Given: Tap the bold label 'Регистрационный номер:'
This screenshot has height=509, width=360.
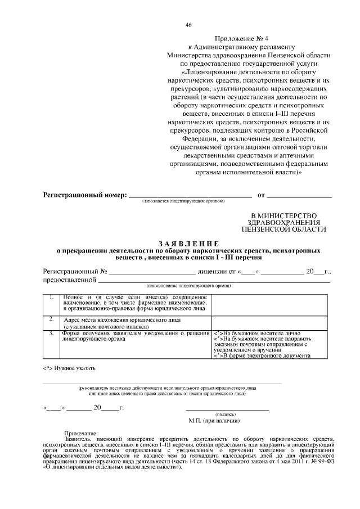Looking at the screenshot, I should pyautogui.click(x=85, y=195).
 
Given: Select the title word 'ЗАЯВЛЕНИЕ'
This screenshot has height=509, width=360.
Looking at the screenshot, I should pyautogui.click(x=179, y=242).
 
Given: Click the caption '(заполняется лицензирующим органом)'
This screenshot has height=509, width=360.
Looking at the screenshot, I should pyautogui.click(x=183, y=201).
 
